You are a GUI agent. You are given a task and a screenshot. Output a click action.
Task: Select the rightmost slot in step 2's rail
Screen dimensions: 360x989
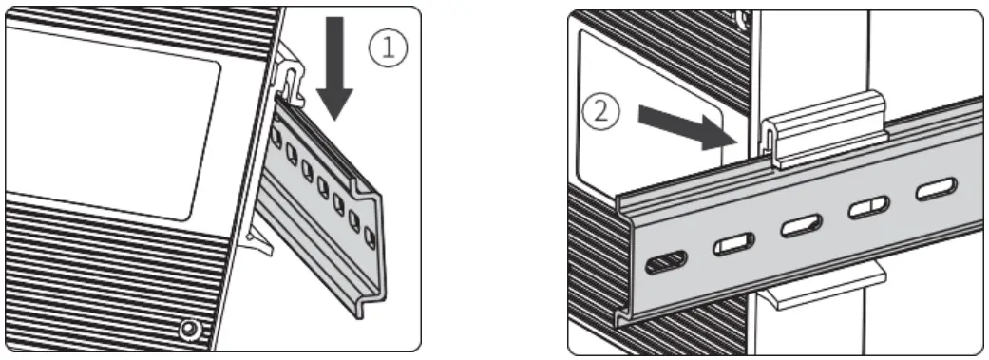coord(933,190)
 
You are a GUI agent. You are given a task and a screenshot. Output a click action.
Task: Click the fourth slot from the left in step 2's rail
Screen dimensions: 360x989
coord(867,207)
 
